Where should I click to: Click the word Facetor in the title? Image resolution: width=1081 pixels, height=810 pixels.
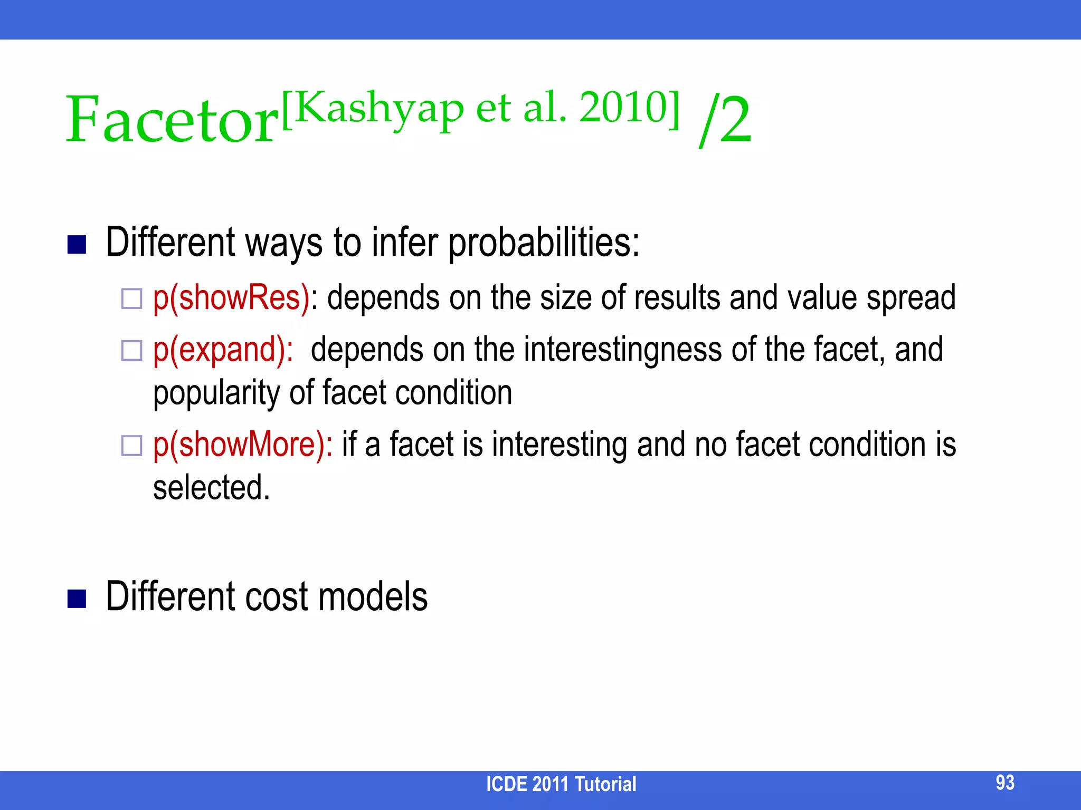[x=172, y=120]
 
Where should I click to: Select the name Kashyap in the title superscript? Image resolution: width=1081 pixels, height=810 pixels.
[x=378, y=108]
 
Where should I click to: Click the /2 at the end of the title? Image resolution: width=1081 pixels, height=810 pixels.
[x=724, y=120]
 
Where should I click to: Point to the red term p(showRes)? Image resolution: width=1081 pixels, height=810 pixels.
[x=231, y=298]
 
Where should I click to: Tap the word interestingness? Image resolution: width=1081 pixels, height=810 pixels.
[x=622, y=350]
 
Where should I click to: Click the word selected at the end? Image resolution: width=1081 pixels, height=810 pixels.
[x=211, y=488]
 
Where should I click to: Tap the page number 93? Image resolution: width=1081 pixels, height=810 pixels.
[x=1005, y=783]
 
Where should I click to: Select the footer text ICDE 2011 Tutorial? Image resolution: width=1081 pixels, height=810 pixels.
[x=561, y=784]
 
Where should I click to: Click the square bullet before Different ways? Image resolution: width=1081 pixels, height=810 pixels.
[x=77, y=245]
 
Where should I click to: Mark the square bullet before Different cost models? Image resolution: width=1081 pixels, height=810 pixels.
[x=77, y=599]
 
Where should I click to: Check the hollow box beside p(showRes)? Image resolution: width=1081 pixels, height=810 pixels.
[x=132, y=299]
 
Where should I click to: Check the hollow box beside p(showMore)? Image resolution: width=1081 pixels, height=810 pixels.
[x=132, y=446]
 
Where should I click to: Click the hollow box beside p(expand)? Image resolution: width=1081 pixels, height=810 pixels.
[x=132, y=351]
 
